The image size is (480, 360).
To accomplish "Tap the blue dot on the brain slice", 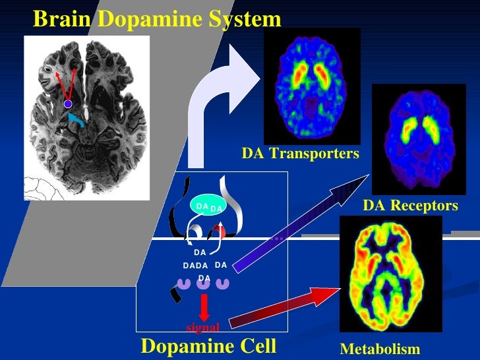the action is (x=67, y=104).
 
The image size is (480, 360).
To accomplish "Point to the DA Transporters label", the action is (x=300, y=154).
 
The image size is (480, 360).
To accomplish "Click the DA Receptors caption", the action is (x=410, y=206).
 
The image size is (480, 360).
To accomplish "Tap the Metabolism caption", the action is (x=379, y=350).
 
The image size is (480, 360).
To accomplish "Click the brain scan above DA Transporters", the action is (x=312, y=86).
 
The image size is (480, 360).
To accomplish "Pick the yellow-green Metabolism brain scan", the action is (x=390, y=274).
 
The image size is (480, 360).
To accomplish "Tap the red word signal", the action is (x=202, y=327).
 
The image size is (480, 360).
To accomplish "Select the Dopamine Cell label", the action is (x=208, y=346).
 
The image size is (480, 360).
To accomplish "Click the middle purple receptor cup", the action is (x=204, y=282).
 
